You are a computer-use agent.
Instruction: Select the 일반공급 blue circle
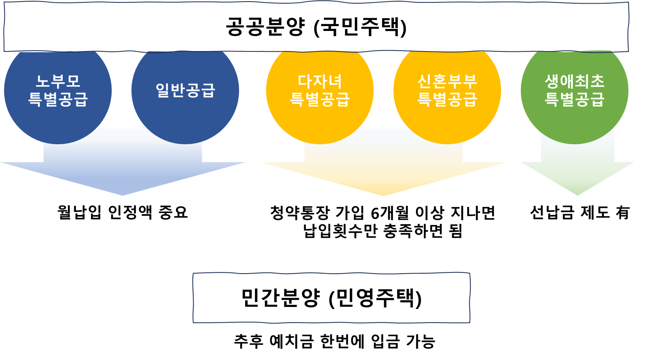[x=185, y=117]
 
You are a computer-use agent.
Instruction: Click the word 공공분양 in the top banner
[x=265, y=27]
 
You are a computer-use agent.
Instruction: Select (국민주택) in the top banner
[x=360, y=27]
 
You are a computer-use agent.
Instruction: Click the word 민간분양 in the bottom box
[x=280, y=298]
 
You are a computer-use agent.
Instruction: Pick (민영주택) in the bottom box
[x=375, y=298]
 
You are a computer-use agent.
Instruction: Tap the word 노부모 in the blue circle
[x=58, y=82]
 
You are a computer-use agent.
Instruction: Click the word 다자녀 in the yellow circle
[x=320, y=82]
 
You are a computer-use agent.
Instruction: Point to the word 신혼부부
[x=447, y=82]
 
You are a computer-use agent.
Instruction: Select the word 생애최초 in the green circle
[x=575, y=82]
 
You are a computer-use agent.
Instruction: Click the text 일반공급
[x=185, y=90]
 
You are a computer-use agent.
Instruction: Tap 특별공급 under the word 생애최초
[x=575, y=99]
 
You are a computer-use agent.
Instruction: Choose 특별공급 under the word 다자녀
[x=320, y=99]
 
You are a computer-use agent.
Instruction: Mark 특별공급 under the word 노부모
[x=58, y=99]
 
